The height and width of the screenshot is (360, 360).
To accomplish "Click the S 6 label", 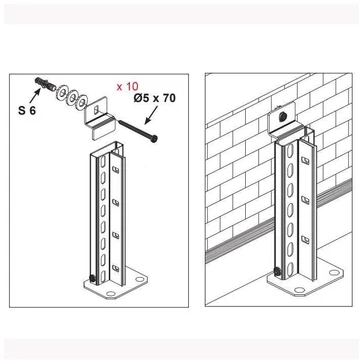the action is tap(27, 110).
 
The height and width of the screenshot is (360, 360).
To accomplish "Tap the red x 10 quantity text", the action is tap(127, 87).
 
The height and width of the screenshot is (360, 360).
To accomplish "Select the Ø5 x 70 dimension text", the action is tap(155, 98).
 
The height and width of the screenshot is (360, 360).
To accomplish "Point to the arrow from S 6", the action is tap(35, 95).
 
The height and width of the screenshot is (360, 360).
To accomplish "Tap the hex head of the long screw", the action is tap(154, 138).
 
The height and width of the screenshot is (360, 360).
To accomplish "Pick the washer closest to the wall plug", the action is tap(61, 92).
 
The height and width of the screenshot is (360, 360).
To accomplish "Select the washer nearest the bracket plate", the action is tap(81, 101).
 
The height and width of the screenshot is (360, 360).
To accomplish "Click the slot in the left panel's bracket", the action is tap(96, 109).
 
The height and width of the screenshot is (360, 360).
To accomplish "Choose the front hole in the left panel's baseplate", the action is tap(110, 294).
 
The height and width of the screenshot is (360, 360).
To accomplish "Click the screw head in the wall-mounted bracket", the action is tap(282, 116).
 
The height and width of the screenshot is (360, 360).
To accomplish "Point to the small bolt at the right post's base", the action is tap(277, 272).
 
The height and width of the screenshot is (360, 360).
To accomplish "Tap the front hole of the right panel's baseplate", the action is tap(299, 290).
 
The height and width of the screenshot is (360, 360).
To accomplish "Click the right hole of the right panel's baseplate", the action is tap(334, 272).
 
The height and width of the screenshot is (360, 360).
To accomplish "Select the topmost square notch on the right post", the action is tap(305, 160).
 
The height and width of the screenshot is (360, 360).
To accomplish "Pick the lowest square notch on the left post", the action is tap(115, 267).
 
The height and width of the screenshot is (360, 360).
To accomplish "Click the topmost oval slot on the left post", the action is tap(103, 163).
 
